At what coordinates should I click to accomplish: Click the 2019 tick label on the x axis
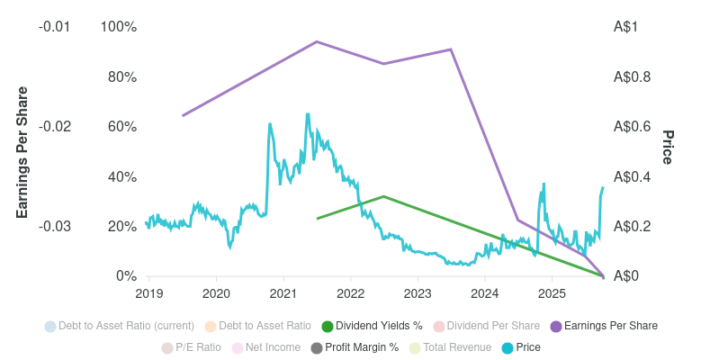(x=148, y=293)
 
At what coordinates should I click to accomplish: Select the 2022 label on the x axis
(x=350, y=293)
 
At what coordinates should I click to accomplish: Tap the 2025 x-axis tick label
(x=552, y=293)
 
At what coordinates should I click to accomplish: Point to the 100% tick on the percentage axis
(x=118, y=27)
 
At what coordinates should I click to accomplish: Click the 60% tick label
(x=121, y=127)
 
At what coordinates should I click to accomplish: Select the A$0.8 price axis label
(x=633, y=77)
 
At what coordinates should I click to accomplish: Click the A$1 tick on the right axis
(x=626, y=27)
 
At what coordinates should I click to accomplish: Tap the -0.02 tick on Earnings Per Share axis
(x=54, y=127)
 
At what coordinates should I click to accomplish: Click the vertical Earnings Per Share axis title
(x=22, y=152)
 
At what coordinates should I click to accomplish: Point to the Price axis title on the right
(x=668, y=148)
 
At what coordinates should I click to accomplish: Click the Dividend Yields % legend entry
(x=372, y=326)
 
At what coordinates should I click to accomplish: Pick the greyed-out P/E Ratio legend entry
(x=192, y=347)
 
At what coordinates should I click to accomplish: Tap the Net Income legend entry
(x=266, y=347)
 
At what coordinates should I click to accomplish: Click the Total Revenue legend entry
(x=451, y=347)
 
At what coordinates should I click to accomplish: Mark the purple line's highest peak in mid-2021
(x=317, y=41)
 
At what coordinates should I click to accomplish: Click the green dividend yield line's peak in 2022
(x=384, y=196)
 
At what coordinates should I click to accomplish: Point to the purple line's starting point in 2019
(x=183, y=115)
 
